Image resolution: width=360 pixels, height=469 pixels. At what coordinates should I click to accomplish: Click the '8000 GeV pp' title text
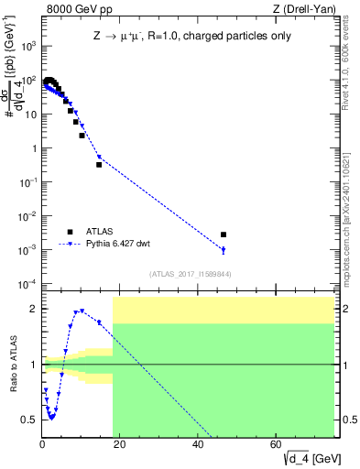click(x=73, y=10)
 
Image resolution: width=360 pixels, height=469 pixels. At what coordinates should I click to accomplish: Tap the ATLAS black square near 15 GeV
click(x=99, y=165)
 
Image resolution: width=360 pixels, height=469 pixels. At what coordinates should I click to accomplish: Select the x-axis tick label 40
click(x=198, y=446)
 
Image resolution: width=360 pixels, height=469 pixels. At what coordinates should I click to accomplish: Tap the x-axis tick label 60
click(x=276, y=446)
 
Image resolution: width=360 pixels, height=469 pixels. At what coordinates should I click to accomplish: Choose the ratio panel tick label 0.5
click(x=29, y=420)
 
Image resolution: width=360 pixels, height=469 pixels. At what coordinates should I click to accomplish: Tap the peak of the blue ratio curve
click(x=82, y=311)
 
